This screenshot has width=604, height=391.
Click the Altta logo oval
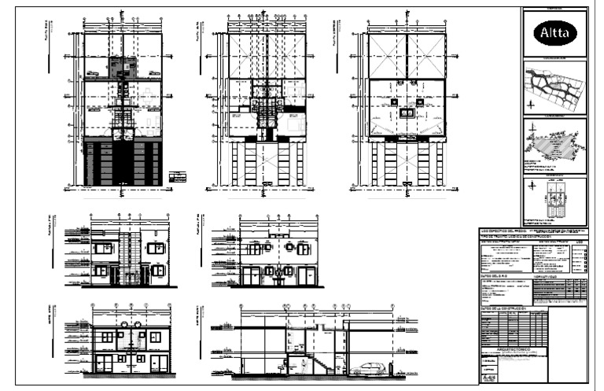point(555,33)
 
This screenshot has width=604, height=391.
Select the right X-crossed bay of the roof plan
point(425,56)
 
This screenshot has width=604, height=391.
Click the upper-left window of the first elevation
point(102,249)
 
